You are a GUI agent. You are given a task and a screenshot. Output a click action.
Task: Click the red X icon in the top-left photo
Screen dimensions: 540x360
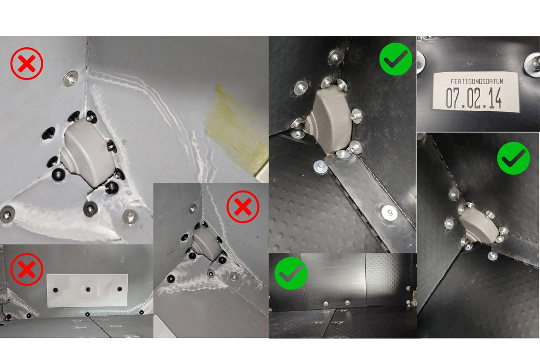tap(27, 64)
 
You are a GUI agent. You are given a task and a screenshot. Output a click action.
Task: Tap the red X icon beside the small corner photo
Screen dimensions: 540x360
tap(243, 207)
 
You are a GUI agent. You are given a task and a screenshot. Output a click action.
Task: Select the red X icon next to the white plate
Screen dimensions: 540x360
tap(27, 269)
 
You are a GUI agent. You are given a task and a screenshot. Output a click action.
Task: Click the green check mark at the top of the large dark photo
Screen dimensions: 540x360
tap(396, 59)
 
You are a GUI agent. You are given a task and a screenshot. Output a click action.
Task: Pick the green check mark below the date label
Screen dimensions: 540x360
tap(513, 158)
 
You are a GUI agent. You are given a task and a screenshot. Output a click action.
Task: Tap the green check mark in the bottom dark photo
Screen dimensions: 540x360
tap(291, 273)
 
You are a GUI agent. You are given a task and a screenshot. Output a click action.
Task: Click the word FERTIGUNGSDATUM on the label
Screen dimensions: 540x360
tap(477, 82)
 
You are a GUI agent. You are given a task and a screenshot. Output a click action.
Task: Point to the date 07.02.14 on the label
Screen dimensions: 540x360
tap(474, 98)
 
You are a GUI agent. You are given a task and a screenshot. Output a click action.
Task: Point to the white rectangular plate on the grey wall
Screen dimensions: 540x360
tap(87, 290)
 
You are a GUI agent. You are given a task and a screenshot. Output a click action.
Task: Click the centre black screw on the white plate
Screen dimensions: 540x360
tap(88, 289)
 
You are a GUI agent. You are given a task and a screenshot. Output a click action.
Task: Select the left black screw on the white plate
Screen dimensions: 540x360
tap(55, 290)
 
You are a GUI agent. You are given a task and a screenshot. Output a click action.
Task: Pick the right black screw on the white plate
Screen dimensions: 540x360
tap(119, 289)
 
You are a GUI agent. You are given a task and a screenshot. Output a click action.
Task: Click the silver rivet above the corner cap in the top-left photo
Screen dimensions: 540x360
tap(71, 79)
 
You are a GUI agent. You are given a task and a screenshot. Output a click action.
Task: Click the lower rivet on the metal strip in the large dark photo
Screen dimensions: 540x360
tap(389, 213)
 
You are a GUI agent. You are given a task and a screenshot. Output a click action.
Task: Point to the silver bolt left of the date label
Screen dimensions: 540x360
tap(421, 61)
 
